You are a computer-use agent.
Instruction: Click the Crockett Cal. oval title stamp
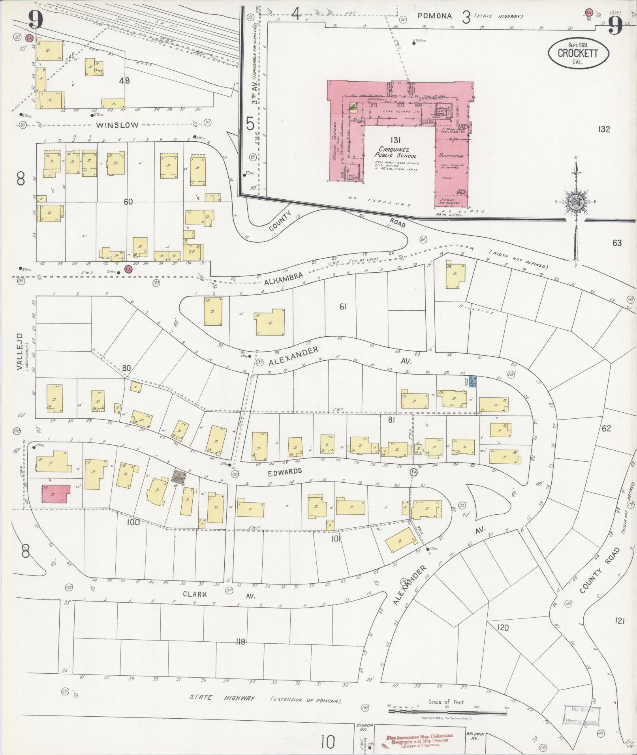(578, 53)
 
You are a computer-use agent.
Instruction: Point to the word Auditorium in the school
(450, 156)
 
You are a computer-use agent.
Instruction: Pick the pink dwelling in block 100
(55, 494)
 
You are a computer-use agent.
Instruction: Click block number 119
(241, 642)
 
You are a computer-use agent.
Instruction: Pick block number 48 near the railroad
(124, 81)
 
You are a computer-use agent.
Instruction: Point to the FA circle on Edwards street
(414, 472)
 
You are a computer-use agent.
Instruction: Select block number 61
(343, 306)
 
